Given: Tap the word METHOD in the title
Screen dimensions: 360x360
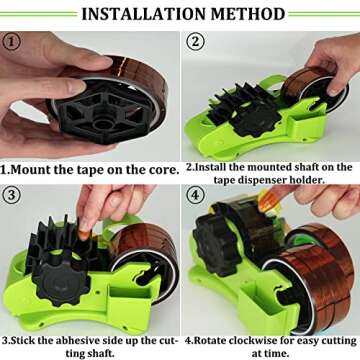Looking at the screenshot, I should (x=246, y=14).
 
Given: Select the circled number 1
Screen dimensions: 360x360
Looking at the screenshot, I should (x=13, y=42).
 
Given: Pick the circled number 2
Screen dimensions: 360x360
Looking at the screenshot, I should (x=195, y=42).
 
